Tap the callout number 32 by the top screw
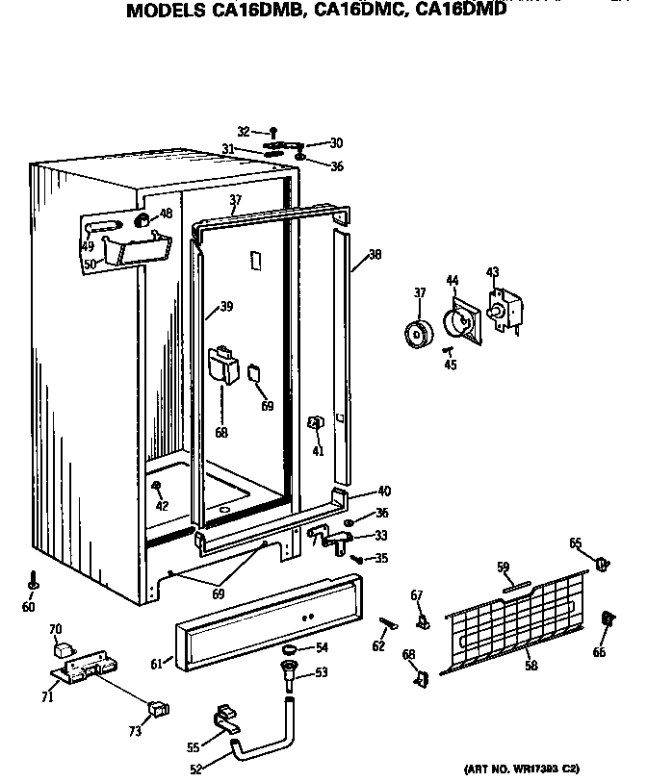point(243,131)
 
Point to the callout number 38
point(375,256)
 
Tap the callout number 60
point(28,607)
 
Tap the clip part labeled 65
point(604,562)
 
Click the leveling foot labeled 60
point(33,583)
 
